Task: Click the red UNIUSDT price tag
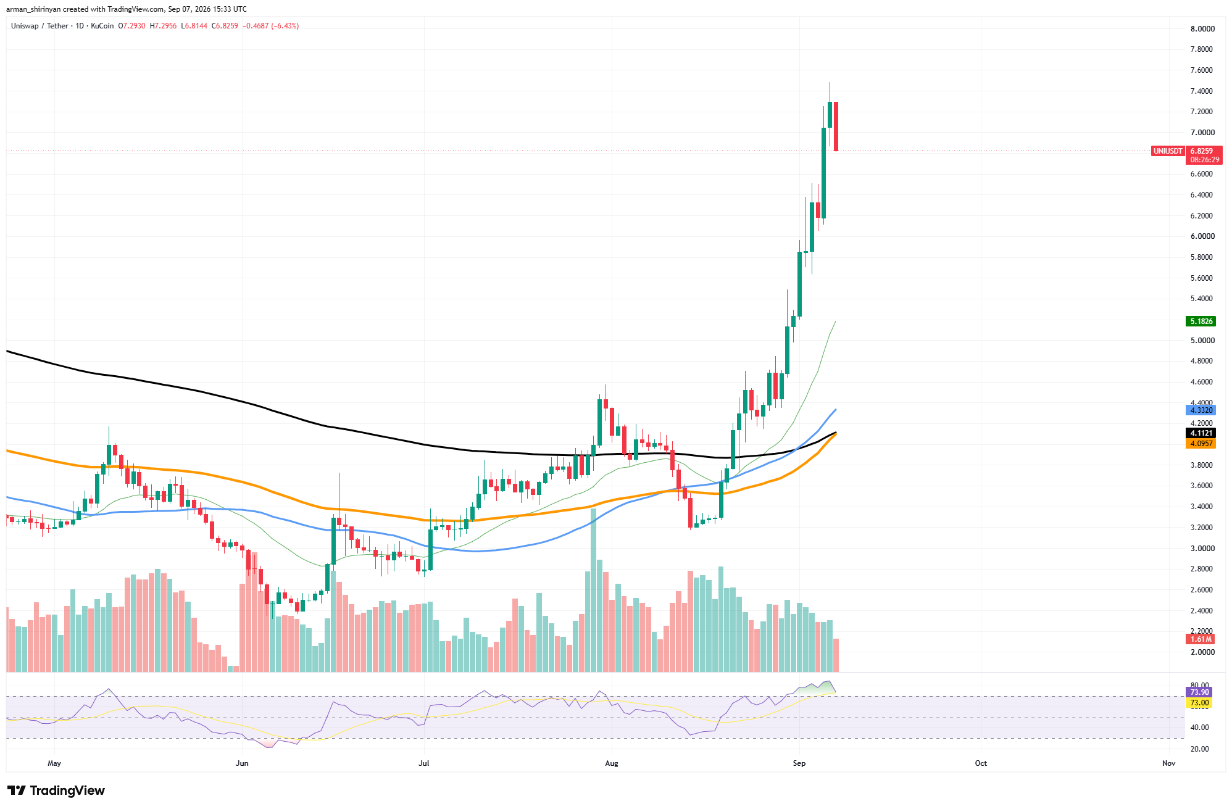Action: (1168, 151)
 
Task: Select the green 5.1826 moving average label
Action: (1201, 322)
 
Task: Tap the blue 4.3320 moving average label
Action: (1201, 410)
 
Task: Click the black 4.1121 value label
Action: (1201, 433)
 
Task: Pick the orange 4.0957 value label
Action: (1201, 444)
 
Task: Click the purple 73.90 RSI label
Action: (1199, 692)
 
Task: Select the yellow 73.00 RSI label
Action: (1199, 703)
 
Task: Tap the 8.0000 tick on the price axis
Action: (1202, 29)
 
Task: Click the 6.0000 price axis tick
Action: (1202, 236)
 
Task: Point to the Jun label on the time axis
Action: (242, 763)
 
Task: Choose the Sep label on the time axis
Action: (799, 763)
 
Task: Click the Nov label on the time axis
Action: (1168, 763)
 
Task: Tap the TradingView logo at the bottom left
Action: (56, 790)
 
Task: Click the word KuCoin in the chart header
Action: (102, 26)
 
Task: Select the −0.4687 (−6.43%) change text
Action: (271, 26)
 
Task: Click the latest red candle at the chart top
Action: (836, 126)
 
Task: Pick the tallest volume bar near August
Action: (594, 590)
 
